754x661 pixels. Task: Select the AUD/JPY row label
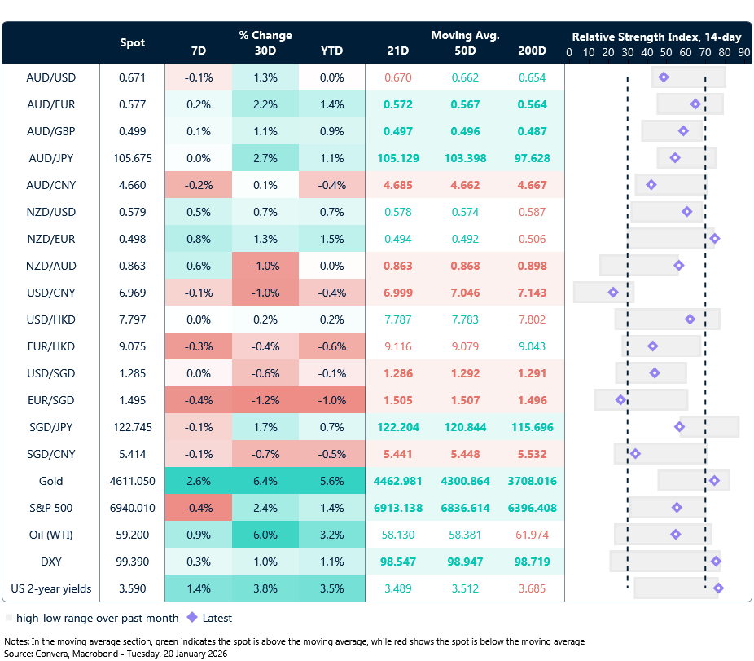pos(51,158)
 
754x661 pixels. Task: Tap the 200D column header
pos(532,51)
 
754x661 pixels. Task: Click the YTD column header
pos(331,51)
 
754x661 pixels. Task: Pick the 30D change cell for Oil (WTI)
pos(265,535)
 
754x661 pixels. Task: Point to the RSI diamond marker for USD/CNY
pos(613,292)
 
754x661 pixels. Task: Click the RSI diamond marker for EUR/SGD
pos(621,399)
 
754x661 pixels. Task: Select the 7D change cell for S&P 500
pos(199,508)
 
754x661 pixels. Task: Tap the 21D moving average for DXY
pos(398,562)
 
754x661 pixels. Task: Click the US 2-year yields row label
pos(51,588)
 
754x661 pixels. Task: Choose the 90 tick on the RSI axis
pos(744,52)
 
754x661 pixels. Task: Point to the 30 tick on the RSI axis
pos(628,52)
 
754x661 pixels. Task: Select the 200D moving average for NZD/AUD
pos(532,266)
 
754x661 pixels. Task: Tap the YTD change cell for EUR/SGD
pos(331,400)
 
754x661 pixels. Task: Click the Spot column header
pos(133,42)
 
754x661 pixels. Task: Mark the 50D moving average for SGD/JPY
pos(465,427)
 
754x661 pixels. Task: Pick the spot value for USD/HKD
pos(133,319)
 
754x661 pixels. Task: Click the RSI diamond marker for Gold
pos(714,481)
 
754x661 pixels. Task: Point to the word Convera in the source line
pos(50,653)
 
